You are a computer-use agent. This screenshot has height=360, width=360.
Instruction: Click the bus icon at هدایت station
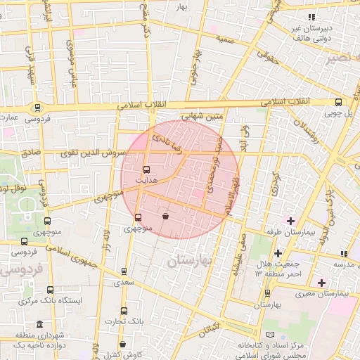146,169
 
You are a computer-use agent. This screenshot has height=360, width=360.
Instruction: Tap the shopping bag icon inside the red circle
165,217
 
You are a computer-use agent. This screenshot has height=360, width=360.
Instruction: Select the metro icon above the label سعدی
124,271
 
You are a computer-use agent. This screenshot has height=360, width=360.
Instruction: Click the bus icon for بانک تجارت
124,311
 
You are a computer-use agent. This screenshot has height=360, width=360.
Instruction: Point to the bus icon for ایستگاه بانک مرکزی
50,289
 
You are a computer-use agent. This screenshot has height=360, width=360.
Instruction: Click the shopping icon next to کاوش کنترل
123,345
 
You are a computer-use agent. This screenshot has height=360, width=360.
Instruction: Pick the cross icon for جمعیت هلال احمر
278,253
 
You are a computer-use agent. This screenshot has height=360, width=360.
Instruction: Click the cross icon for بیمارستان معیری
321,283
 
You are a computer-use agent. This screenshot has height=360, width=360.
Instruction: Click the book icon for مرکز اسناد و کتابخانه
271,335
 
